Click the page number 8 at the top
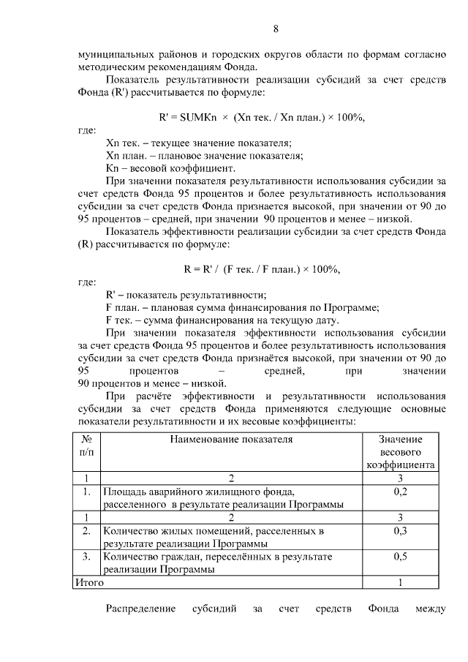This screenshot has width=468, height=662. pyautogui.click(x=276, y=29)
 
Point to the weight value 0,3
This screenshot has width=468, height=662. pyautogui.click(x=400, y=530)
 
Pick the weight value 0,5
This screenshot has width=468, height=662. pyautogui.click(x=400, y=557)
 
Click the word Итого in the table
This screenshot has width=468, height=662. pyautogui.click(x=89, y=583)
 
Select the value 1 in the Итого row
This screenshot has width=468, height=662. pyautogui.click(x=400, y=583)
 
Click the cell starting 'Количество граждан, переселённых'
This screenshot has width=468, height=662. pyautogui.click(x=217, y=557)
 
